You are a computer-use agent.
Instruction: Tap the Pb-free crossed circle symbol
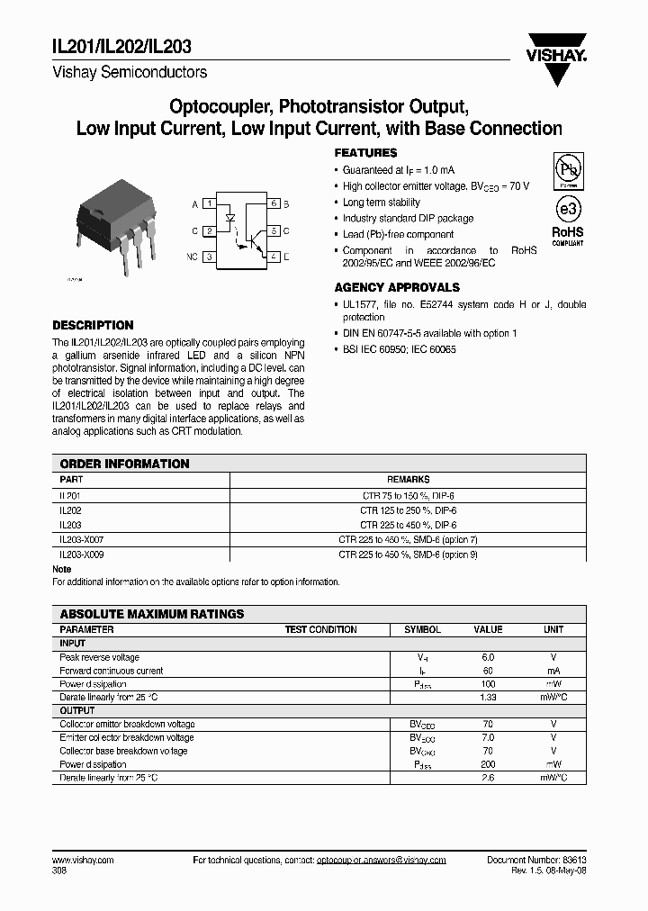(567, 170)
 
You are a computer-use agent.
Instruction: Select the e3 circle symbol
(567, 210)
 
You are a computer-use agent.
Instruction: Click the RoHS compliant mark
(568, 235)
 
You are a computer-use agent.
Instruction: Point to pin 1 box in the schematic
(209, 204)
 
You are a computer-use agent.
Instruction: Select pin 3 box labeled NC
(209, 257)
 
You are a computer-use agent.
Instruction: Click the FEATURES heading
(365, 154)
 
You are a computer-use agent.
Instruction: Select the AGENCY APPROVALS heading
(397, 288)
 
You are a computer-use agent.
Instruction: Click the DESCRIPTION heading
(93, 325)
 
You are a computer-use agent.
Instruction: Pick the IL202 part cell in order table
(70, 510)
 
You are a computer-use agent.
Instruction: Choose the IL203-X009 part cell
(82, 555)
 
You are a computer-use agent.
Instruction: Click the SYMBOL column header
(422, 630)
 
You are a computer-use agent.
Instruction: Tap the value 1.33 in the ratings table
(489, 698)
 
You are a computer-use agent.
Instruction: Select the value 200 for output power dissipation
(489, 764)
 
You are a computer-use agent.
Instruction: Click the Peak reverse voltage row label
(99, 657)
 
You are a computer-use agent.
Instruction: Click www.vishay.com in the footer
(84, 861)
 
